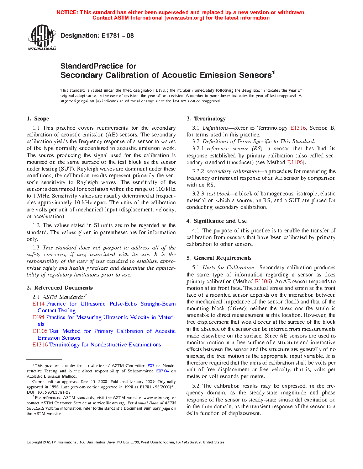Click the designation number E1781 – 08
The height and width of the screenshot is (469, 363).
[117, 36]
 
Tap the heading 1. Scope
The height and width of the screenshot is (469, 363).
[38, 119]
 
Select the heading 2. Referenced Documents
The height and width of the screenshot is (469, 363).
[60, 288]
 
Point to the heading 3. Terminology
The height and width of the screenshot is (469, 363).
[206, 119]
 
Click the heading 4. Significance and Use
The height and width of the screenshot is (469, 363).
[217, 221]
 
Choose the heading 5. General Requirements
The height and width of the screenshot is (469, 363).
[219, 258]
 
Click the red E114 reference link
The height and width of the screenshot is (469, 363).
[38, 304]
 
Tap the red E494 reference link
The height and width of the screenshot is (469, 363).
[38, 317]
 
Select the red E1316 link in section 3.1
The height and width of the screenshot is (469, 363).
[298, 128]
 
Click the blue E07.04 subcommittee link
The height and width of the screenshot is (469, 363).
[162, 371]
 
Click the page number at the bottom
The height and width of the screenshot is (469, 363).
[181, 451]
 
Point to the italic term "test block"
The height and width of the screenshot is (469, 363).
[218, 194]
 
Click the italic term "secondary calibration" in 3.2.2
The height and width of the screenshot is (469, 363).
[233, 171]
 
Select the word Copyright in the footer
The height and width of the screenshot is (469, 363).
[34, 442]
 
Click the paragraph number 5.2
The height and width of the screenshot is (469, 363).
[196, 386]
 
